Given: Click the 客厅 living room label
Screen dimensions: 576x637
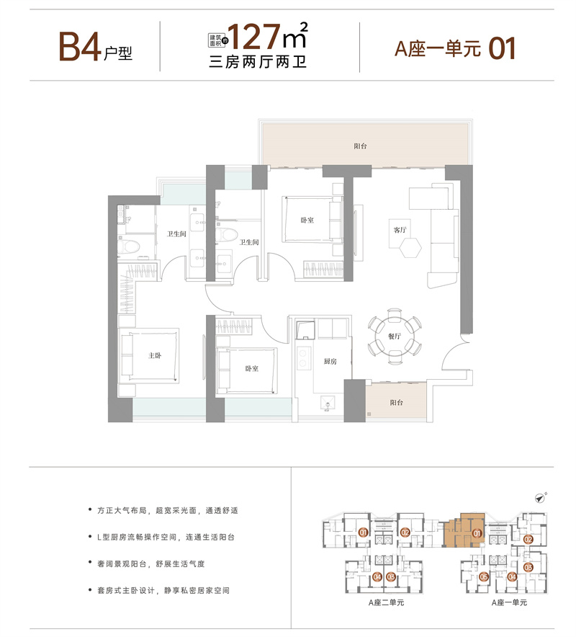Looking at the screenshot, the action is point(400,230).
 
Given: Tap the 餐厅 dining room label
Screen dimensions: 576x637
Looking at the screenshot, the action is point(394,337).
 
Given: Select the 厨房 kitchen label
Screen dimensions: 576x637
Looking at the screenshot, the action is point(330,361).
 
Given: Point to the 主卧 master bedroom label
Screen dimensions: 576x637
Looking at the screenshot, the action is point(155,355).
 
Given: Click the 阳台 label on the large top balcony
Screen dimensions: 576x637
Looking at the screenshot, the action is point(360,146).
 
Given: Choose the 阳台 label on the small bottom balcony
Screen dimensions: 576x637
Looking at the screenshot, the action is point(397,403).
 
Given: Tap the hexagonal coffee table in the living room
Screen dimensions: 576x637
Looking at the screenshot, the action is point(410,247).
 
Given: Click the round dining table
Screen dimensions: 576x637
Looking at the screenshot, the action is point(394,336).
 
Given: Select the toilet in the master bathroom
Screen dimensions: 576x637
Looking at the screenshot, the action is point(128,246).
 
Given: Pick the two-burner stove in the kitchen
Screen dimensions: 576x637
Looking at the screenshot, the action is point(303,358).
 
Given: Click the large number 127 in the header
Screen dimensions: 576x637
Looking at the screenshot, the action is point(254,37).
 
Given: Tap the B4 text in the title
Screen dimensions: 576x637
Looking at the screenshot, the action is point(80,47).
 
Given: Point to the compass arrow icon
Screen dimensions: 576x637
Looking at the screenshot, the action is point(540,498).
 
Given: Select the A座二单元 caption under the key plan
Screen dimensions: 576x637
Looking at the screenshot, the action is point(386,602).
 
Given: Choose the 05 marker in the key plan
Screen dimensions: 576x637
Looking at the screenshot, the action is point(483,576).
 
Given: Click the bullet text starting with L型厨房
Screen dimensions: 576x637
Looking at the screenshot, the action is point(166,537).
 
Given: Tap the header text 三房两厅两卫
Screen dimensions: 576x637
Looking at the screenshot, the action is point(257,62).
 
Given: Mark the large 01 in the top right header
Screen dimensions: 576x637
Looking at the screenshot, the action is point(502,49).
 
